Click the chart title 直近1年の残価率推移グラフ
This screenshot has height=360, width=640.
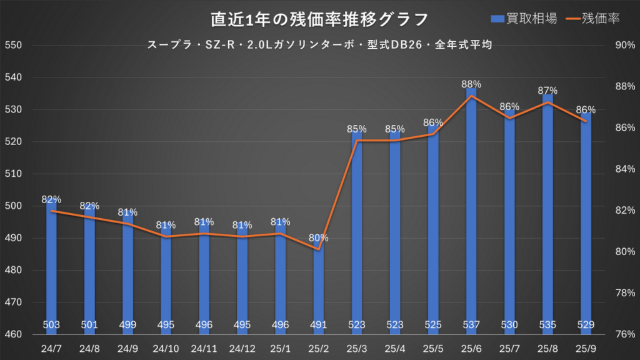click(x=319, y=19)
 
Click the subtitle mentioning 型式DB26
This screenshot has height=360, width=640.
click(x=319, y=45)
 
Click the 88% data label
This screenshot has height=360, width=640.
click(x=471, y=84)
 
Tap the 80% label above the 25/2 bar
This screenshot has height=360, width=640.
click(x=319, y=238)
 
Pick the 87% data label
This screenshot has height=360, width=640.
click(x=547, y=91)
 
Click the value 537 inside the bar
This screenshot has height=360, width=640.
click(x=471, y=325)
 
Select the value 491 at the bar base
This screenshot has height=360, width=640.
click(x=319, y=325)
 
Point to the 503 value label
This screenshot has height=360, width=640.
click(x=52, y=325)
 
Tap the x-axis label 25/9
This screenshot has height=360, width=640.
click(x=586, y=348)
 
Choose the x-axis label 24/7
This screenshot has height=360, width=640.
click(x=52, y=348)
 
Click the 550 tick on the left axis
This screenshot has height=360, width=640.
click(x=14, y=46)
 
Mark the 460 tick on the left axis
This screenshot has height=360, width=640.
click(x=14, y=334)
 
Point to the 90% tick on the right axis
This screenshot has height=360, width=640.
click(x=626, y=46)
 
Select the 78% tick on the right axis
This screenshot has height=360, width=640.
click(x=626, y=293)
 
